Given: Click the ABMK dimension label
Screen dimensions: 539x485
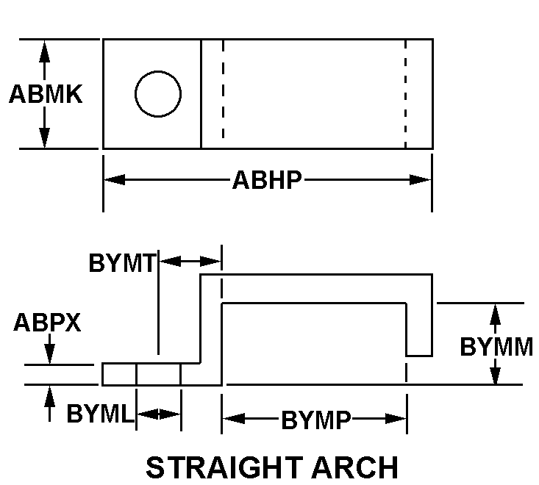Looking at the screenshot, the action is pos(46,94).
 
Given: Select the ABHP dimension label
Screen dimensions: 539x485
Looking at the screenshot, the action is pos(267,179).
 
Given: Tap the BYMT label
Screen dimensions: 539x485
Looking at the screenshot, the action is pos(122,263).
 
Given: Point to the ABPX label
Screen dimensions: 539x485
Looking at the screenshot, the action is pos(47,322).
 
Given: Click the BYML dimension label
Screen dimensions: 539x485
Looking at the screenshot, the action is pos(100,413).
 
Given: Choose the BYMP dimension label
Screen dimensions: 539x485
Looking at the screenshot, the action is pos(316,420).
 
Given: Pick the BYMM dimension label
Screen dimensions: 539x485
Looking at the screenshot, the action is pos(496,347).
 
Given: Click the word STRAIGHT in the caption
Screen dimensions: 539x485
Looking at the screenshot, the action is pos(224,467).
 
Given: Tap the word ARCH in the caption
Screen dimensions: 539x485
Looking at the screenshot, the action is pos(354,467).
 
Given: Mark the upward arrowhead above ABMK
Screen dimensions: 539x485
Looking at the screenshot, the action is pos(44,51).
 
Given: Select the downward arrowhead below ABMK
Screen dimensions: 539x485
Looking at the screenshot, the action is pos(44,137).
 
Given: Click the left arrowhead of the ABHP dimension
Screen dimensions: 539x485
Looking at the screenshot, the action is pos(115,179).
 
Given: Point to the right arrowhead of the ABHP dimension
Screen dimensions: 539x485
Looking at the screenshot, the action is pos(420,179).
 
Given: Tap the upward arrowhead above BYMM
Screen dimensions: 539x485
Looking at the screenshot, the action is pos(495,314).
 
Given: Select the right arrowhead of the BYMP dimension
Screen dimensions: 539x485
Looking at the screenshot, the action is pos(396,418).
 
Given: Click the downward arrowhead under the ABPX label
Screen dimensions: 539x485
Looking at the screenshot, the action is pos(50,353).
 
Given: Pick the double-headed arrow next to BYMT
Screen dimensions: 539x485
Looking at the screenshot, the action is pos(190,262).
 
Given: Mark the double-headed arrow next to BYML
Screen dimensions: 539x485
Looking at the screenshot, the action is pos(159,414).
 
